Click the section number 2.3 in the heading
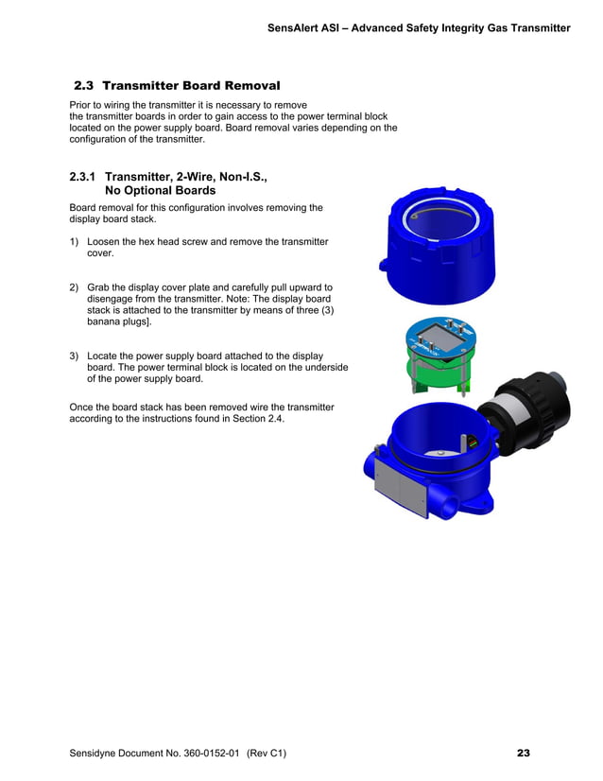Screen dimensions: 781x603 coord(84,86)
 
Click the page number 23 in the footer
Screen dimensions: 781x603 coord(523,753)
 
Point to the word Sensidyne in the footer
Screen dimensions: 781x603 coord(95,754)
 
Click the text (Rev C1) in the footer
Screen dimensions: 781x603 coord(265,754)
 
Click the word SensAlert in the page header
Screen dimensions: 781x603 coord(295,28)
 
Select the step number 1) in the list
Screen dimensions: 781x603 coord(74,242)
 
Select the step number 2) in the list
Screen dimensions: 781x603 coord(74,287)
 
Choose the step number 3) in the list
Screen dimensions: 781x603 coord(74,356)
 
